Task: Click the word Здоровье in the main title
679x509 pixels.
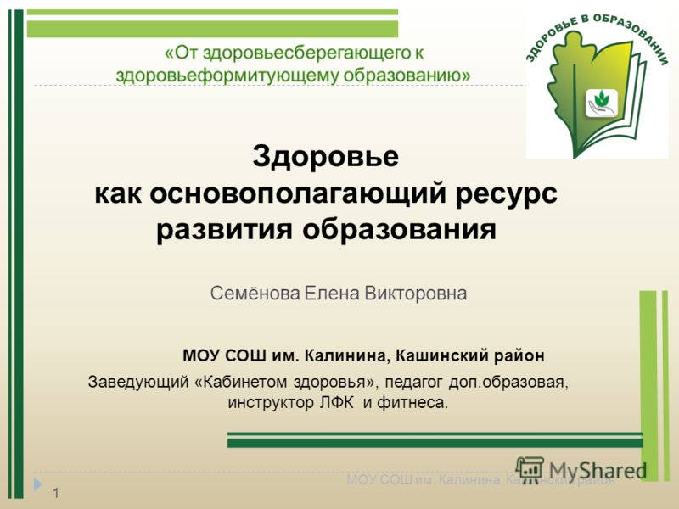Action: [326, 157]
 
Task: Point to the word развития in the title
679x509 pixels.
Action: [221, 229]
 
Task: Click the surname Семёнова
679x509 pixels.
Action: [255, 294]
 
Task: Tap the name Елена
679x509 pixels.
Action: [334, 294]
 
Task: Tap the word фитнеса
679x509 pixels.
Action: [412, 401]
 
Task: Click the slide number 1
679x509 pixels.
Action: [55, 493]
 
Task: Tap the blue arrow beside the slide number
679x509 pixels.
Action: [38, 484]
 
